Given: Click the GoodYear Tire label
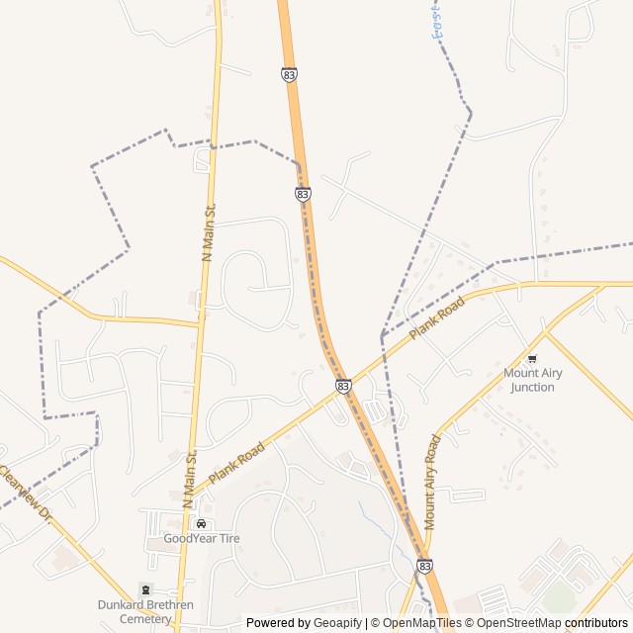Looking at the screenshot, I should (202, 538).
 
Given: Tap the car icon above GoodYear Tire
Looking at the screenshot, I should (202, 524).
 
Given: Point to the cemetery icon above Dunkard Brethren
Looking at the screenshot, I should (147, 589).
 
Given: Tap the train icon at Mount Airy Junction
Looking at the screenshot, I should (532, 359).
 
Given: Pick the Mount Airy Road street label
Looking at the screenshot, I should (432, 482).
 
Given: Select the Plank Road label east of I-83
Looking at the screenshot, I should (437, 319).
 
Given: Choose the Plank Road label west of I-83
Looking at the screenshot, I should (237, 463).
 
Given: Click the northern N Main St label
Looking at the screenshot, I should (209, 233).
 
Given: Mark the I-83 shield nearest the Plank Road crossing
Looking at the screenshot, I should (342, 386).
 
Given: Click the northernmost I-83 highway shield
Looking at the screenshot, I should (288, 74).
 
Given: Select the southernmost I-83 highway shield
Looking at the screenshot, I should (424, 566).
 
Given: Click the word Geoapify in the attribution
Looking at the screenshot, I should (339, 623).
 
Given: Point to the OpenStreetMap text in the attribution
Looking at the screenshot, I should (519, 623).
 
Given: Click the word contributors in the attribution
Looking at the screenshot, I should (596, 623).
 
